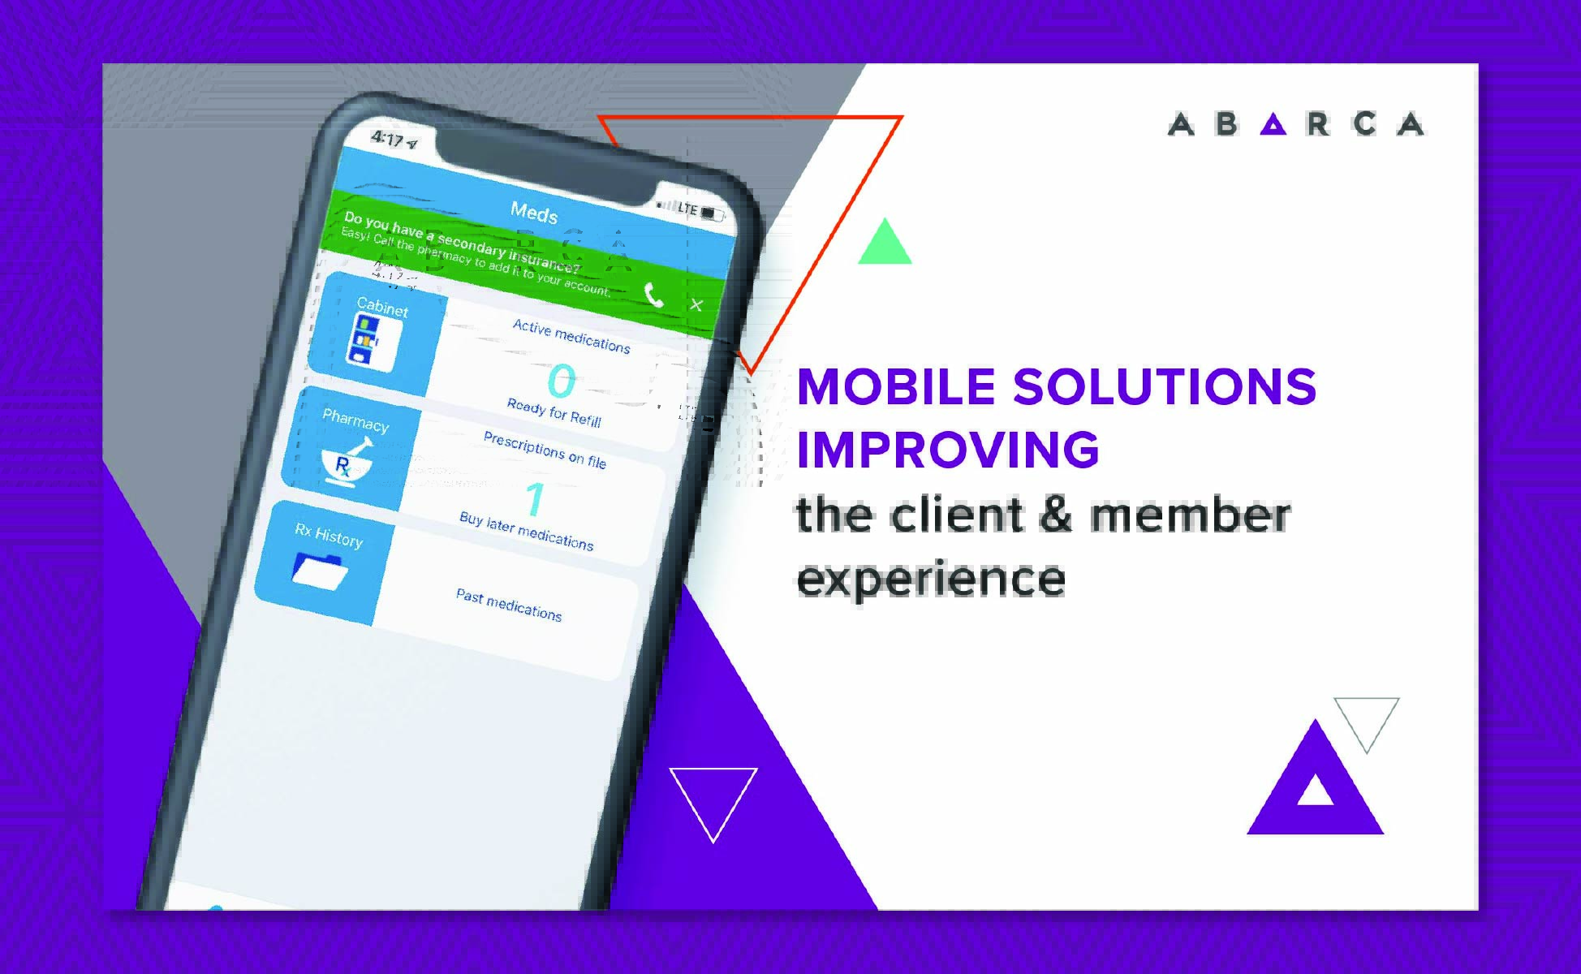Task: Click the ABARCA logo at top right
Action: click(x=1295, y=124)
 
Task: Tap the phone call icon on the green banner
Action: click(x=654, y=295)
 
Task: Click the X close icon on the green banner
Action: click(x=696, y=305)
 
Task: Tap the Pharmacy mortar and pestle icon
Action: click(x=347, y=462)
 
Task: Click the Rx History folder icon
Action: click(x=320, y=570)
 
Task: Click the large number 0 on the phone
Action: click(x=561, y=381)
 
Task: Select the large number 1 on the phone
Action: click(x=535, y=499)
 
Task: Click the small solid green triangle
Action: click(x=885, y=243)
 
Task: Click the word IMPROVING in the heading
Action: click(x=948, y=449)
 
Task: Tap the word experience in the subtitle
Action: click(x=930, y=579)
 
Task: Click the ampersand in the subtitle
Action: click(x=1055, y=515)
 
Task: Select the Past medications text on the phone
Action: click(x=509, y=605)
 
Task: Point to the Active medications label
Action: click(x=571, y=336)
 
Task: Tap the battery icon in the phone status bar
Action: click(x=712, y=213)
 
